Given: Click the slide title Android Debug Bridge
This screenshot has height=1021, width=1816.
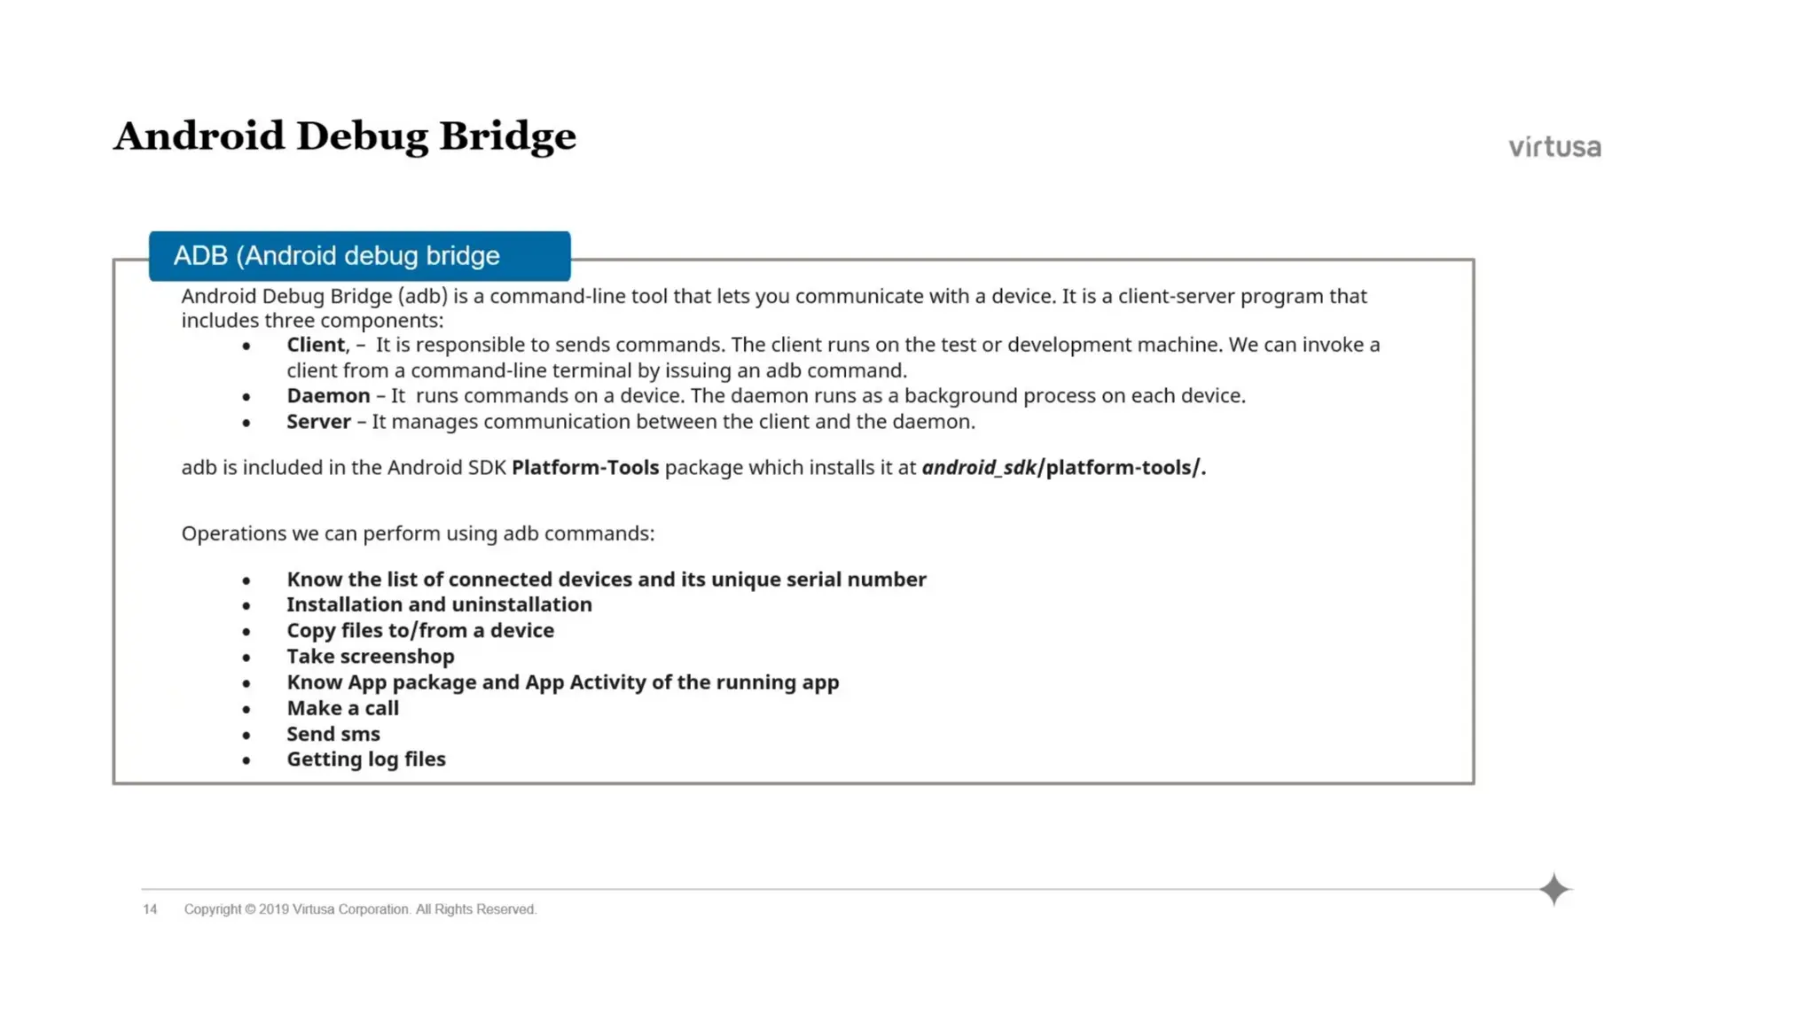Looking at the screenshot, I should point(344,137).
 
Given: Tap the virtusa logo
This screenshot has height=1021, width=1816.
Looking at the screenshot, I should point(1554,147).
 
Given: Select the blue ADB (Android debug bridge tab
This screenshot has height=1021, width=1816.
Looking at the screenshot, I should point(359,256).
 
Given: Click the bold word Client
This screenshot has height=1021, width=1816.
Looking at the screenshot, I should point(316,345).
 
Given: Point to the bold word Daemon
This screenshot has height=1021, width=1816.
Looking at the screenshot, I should point(328,396).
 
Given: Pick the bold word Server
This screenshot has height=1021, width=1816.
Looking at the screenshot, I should point(318,422).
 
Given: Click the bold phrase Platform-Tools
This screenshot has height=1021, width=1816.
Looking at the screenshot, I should point(585,468).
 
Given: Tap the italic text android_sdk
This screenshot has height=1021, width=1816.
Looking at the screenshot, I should point(979,468).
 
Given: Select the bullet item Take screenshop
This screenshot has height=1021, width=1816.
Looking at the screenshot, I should point(371,657).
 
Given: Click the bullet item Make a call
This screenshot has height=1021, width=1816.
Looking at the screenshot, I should point(342,708).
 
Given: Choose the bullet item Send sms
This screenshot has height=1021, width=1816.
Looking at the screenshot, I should point(333,734).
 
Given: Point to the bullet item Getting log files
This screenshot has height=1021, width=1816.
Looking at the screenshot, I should point(365,760).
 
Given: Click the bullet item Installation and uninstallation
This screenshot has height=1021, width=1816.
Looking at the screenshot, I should point(439,604).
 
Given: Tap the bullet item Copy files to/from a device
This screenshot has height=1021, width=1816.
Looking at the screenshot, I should point(420,630).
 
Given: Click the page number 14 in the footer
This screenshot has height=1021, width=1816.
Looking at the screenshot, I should point(150,909).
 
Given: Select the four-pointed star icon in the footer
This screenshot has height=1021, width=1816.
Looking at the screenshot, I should point(1554,890).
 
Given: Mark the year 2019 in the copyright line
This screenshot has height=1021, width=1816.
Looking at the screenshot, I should point(274,909).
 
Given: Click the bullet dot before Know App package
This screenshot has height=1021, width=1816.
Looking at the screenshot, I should point(247,683).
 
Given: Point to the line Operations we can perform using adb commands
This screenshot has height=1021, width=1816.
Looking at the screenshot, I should point(418,534).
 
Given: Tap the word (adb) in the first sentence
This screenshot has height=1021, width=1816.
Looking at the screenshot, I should point(423,296).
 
